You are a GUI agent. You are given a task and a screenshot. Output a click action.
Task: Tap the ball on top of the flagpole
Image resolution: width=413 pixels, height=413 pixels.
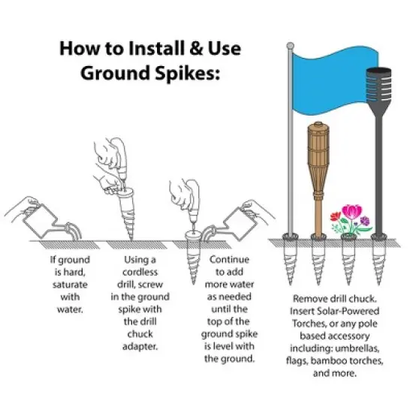coord(290,47)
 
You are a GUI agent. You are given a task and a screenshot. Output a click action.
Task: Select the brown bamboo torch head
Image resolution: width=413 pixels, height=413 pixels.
coord(318,146)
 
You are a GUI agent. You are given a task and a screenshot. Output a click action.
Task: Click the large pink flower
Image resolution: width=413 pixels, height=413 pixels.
coord(350,213)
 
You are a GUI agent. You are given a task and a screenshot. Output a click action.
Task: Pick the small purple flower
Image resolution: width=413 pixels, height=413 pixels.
coord(366,222)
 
